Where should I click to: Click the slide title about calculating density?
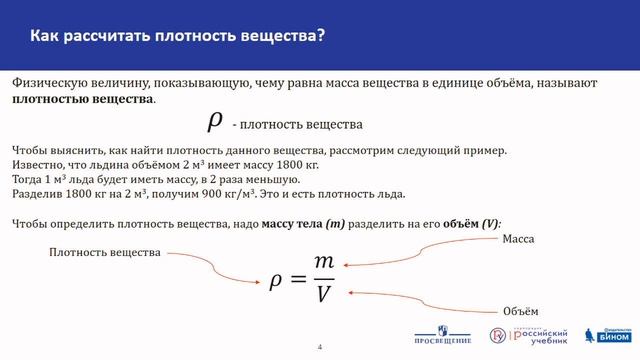[x=177, y=37]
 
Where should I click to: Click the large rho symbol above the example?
[x=214, y=121]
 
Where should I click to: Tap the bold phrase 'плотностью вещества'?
[x=83, y=100]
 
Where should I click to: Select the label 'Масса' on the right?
[x=518, y=240]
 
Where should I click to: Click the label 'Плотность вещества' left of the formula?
[x=105, y=253]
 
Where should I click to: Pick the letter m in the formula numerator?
[x=323, y=261]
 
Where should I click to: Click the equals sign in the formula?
[x=296, y=279]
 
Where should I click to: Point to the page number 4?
[x=320, y=347]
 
